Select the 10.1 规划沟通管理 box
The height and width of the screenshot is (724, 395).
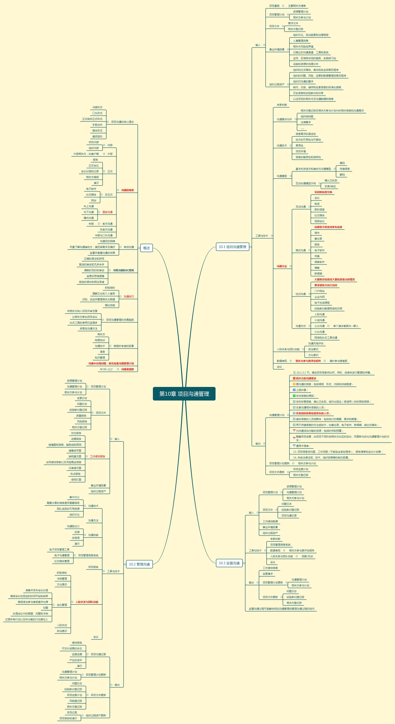pos(232,247)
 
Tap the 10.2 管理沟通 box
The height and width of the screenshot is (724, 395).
pos(139,564)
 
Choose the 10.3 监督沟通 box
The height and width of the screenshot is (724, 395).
pos(229,563)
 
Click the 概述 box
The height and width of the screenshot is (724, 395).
pos(146,248)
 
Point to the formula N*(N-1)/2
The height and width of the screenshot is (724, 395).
pos(106,369)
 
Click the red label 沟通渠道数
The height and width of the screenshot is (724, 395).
pos(127,369)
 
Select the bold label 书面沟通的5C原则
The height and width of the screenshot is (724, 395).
pos(123,270)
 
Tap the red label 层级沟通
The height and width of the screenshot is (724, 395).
pos(107,212)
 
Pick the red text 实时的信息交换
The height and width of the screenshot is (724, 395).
pos(323,192)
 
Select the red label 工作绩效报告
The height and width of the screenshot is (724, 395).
pos(97,456)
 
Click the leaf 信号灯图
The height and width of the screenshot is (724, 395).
pos(76,480)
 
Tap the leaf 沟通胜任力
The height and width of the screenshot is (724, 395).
pos(73,526)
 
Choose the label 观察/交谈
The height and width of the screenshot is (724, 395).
pos(307,556)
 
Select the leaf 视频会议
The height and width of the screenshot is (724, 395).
pos(319,221)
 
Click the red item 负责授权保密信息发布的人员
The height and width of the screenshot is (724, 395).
pos(313,413)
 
